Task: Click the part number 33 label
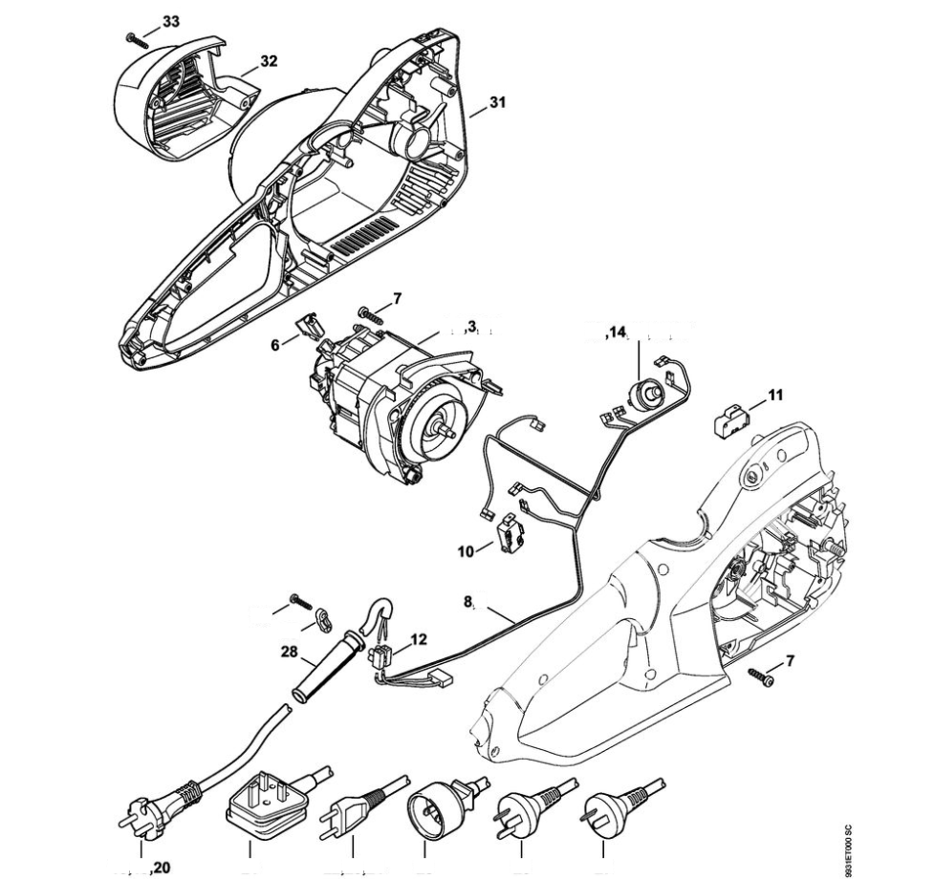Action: [x=170, y=22]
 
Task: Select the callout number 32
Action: [x=269, y=61]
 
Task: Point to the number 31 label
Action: [x=497, y=102]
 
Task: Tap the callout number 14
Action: [x=617, y=332]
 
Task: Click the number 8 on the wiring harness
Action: [x=469, y=603]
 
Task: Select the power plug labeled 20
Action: [x=158, y=804]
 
